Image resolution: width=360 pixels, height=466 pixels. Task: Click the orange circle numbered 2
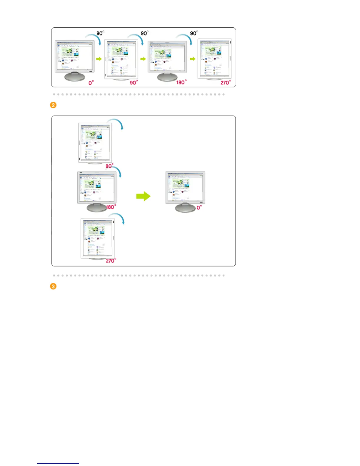pos(53,105)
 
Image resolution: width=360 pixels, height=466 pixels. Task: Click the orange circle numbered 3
pos(53,286)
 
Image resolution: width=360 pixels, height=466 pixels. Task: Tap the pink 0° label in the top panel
pos(91,83)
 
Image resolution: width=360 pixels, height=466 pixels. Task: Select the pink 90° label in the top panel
pos(134,83)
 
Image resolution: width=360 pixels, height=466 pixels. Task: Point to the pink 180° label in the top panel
pos(181,82)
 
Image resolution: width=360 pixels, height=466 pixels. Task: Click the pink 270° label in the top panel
pos(226,83)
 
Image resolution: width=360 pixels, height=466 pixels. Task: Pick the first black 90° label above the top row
pos(100,33)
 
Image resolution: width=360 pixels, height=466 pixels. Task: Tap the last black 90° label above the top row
pos(194,33)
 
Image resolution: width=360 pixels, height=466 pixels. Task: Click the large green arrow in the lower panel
pos(143,196)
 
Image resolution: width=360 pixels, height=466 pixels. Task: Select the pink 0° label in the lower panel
pos(199,207)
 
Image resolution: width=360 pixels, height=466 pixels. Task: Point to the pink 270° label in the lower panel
pos(111,261)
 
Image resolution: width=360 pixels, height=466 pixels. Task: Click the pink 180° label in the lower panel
pos(111,207)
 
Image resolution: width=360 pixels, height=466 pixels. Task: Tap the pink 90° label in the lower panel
pos(109,166)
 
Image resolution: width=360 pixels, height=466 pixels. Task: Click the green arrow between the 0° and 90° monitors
pos(99,59)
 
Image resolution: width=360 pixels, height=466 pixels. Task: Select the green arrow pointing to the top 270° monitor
pos(193,59)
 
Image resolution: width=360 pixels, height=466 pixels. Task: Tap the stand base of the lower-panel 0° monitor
pos(185,208)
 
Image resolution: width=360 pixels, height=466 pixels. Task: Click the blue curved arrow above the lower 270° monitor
pos(117,218)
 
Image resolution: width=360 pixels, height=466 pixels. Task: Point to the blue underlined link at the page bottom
pos(58,463)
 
